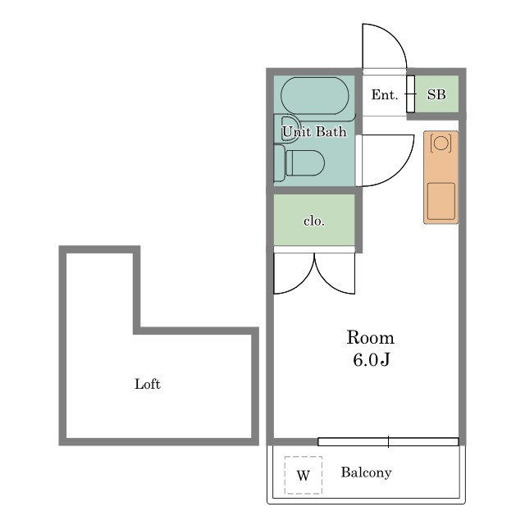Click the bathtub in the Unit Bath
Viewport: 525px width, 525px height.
pyautogui.click(x=314, y=96)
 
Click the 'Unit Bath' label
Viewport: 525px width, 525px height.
pyautogui.click(x=314, y=131)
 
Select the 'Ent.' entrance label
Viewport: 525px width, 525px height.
pyautogui.click(x=385, y=95)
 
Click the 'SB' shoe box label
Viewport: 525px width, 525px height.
pyautogui.click(x=436, y=95)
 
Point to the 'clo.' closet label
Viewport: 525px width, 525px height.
pyautogui.click(x=314, y=221)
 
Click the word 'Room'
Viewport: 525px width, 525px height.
pyautogui.click(x=370, y=337)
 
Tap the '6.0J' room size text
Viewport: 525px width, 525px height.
pyautogui.click(x=372, y=359)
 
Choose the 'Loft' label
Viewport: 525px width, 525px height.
pyautogui.click(x=148, y=384)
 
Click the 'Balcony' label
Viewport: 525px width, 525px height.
pyautogui.click(x=366, y=472)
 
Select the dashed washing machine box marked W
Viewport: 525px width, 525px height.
pyautogui.click(x=304, y=475)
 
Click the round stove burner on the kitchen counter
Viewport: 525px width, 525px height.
pyautogui.click(x=441, y=143)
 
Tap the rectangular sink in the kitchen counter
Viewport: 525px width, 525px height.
pyautogui.click(x=441, y=201)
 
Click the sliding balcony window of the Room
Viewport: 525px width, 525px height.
pyautogui.click(x=388, y=441)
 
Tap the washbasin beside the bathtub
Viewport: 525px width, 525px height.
pyautogui.click(x=287, y=130)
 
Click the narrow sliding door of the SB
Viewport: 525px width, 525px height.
pyautogui.click(x=410, y=94)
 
